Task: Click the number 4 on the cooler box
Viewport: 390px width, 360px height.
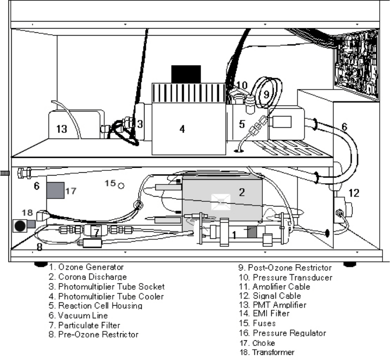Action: coord(182,129)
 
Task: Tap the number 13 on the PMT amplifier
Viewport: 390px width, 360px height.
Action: coord(62,129)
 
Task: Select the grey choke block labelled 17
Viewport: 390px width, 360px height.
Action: coord(55,191)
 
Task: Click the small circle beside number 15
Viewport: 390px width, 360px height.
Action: coord(121,185)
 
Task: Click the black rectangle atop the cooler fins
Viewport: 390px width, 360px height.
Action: coord(186,74)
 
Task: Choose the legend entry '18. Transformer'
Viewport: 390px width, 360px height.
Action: coord(266,352)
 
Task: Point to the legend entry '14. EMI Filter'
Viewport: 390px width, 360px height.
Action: coord(264,314)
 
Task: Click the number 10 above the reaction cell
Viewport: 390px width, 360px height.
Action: coord(241,85)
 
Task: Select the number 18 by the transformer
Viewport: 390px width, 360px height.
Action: coord(27,213)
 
